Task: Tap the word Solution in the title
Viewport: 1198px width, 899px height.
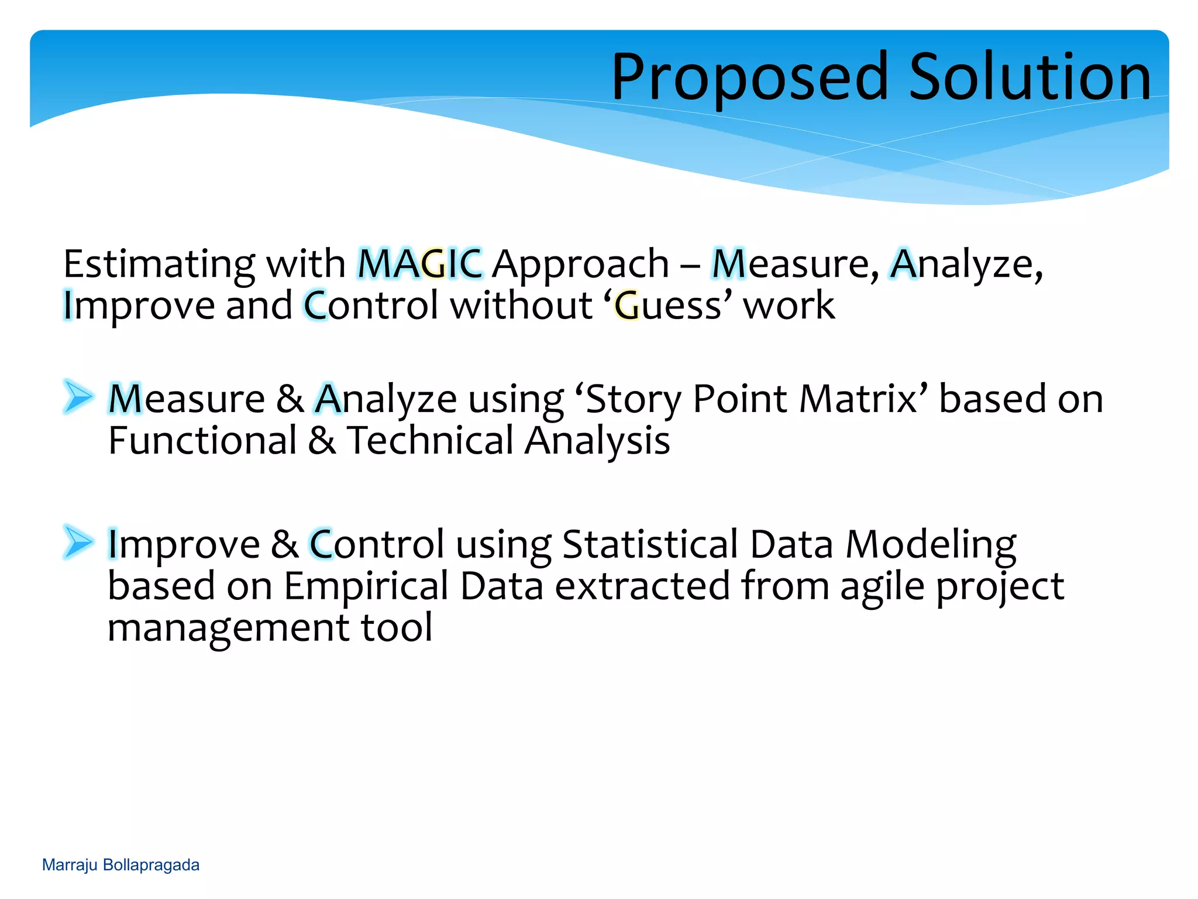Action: [x=1030, y=77]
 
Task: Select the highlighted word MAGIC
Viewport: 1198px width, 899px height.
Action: [x=420, y=264]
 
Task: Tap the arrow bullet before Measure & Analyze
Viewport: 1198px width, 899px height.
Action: [x=78, y=396]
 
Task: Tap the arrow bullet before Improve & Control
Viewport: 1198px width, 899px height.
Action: [x=78, y=541]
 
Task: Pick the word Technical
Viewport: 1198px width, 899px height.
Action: [x=430, y=441]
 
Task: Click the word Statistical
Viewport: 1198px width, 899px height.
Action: [x=650, y=544]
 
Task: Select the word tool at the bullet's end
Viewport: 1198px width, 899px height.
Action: [x=397, y=628]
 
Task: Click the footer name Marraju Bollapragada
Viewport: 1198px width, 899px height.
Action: [x=121, y=865]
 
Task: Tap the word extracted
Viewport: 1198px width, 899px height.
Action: [x=642, y=586]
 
